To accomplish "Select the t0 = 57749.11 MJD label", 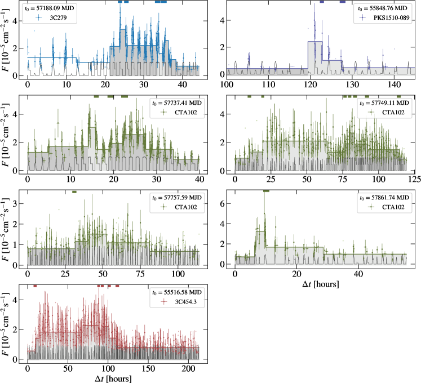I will (x=383, y=104).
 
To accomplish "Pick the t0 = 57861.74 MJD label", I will (x=383, y=198).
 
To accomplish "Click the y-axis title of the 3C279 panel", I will (x=6, y=41).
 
